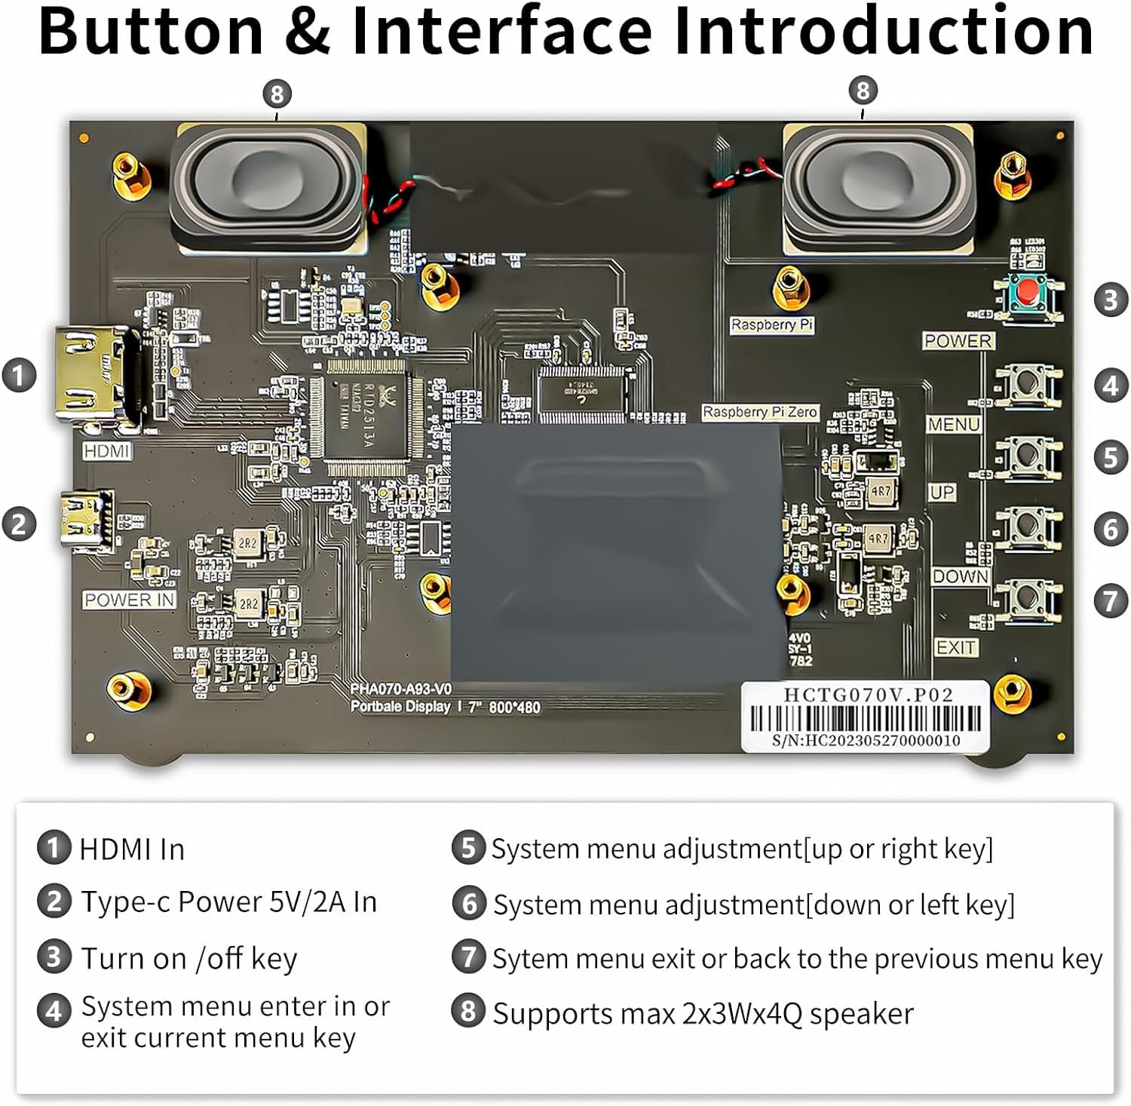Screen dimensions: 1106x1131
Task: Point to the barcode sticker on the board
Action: pyautogui.click(x=864, y=717)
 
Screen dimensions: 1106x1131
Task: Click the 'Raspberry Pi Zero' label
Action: pyautogui.click(x=759, y=412)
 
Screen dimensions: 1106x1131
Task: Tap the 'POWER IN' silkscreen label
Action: pyautogui.click(x=129, y=600)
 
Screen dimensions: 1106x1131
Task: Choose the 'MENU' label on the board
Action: pyautogui.click(x=953, y=425)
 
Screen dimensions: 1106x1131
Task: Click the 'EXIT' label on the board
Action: pyautogui.click(x=956, y=647)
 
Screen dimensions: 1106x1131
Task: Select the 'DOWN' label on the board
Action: pyautogui.click(x=960, y=576)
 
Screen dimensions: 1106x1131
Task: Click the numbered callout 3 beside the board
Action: pyautogui.click(x=1110, y=300)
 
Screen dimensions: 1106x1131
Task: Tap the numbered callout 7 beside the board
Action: pyautogui.click(x=1110, y=601)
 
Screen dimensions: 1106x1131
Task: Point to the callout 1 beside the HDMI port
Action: pyautogui.click(x=19, y=375)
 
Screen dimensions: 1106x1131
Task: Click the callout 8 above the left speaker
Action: pyautogui.click(x=277, y=94)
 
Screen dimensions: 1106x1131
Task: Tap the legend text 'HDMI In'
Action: pyautogui.click(x=132, y=849)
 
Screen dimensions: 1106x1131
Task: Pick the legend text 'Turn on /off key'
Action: pyautogui.click(x=189, y=958)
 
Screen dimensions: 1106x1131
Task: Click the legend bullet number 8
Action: pyautogui.click(x=467, y=1011)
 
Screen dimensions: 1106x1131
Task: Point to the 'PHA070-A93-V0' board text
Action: pyautogui.click(x=400, y=689)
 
